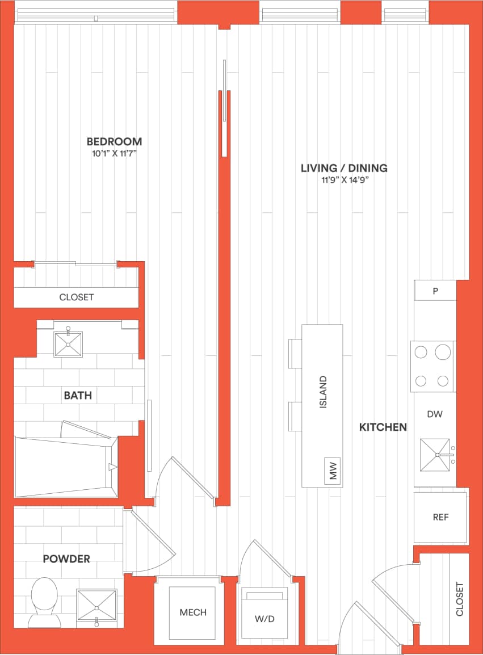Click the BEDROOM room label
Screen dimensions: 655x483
point(114,141)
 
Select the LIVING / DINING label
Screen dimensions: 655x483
point(344,168)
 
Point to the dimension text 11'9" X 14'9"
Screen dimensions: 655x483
point(345,180)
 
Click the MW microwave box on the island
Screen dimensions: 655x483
point(333,471)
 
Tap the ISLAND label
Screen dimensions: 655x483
point(323,392)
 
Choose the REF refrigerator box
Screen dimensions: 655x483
point(440,517)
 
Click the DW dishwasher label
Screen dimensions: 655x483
point(434,414)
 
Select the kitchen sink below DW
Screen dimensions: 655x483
point(435,455)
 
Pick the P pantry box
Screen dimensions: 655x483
point(435,291)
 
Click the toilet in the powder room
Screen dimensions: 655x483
point(44,601)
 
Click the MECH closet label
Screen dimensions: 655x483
point(193,612)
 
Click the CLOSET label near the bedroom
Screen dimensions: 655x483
point(77,297)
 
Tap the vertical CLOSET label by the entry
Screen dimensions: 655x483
point(460,599)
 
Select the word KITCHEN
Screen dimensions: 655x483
point(383,427)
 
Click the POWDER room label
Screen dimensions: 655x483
point(66,559)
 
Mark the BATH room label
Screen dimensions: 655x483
point(78,395)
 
